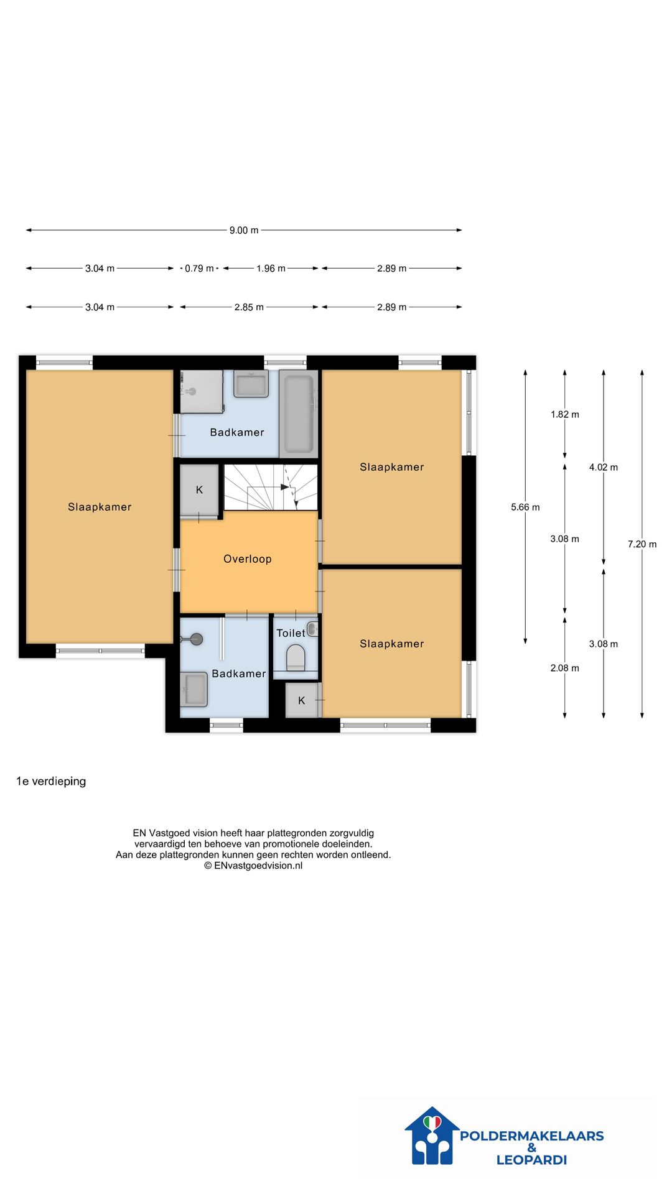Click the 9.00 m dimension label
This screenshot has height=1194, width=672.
point(244,230)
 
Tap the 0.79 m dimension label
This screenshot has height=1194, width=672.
point(199,269)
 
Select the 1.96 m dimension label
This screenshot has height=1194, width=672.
point(271,269)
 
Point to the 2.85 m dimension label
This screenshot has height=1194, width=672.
point(249,307)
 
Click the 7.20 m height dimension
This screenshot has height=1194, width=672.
point(642,544)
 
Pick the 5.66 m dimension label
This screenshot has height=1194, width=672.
point(525,507)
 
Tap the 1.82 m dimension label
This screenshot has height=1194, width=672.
point(565,414)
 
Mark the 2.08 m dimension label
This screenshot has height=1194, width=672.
point(565,668)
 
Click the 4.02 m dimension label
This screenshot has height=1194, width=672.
point(604,467)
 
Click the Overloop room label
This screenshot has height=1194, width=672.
point(248,559)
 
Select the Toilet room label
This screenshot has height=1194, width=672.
point(291,633)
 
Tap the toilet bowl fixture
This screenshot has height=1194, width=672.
point(296,657)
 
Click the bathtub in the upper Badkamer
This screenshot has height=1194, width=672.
point(299,414)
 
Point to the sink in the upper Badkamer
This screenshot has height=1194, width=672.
point(251,384)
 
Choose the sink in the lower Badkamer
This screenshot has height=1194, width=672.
point(194,689)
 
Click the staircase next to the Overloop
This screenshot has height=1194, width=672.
point(271,488)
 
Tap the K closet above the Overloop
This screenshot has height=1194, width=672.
point(199,490)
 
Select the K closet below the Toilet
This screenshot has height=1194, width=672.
point(302,700)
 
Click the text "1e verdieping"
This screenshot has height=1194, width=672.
point(51,781)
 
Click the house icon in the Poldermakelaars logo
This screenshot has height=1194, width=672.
point(432,1136)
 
